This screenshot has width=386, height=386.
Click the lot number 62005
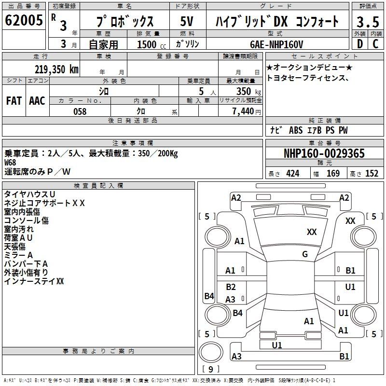pyautogui.click(x=24, y=20)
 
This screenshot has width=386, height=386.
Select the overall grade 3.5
pyautogui.click(x=368, y=22)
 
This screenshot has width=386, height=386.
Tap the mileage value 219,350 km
pyautogui.click(x=56, y=69)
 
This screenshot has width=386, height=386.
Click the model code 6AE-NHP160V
pyautogui.click(x=276, y=44)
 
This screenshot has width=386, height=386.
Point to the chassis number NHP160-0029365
pyautogui.click(x=324, y=153)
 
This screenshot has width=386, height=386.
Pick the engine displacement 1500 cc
pyautogui.click(x=152, y=44)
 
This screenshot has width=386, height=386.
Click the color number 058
pyautogui.click(x=80, y=111)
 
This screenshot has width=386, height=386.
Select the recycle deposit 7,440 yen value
pyautogui.click(x=247, y=111)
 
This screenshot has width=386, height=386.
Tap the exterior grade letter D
pyautogui.click(x=360, y=44)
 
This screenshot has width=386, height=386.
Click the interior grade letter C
pyautogui.click(x=375, y=44)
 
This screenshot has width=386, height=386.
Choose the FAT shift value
pyautogui.click(x=14, y=101)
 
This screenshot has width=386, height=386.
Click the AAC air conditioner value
pyautogui.click(x=37, y=101)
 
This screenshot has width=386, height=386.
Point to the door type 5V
pyautogui.click(x=187, y=21)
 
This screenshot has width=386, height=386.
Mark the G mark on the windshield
pyautogui.click(x=305, y=254)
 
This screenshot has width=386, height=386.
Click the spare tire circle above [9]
pyautogui.click(x=211, y=352)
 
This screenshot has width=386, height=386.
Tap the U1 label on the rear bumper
pyautogui.click(x=277, y=345)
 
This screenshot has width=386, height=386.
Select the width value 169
pyautogui.click(x=333, y=173)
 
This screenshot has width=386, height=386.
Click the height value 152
pyautogui.click(x=372, y=173)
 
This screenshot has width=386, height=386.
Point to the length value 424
pyautogui.click(x=293, y=173)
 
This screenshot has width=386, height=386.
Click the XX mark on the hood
pyautogui.click(x=312, y=232)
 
